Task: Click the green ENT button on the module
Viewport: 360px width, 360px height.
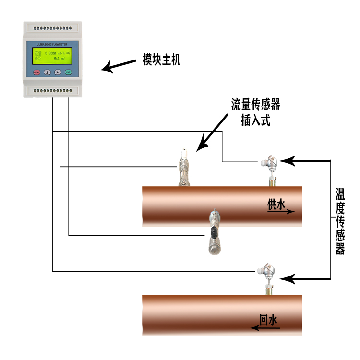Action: (x=68, y=72)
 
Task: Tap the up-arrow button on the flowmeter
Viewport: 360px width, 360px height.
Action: (x=47, y=72)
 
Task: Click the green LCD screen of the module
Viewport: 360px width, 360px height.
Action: (x=52, y=57)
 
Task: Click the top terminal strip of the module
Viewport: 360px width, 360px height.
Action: (x=51, y=27)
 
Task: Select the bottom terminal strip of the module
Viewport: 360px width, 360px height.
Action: (x=51, y=90)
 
